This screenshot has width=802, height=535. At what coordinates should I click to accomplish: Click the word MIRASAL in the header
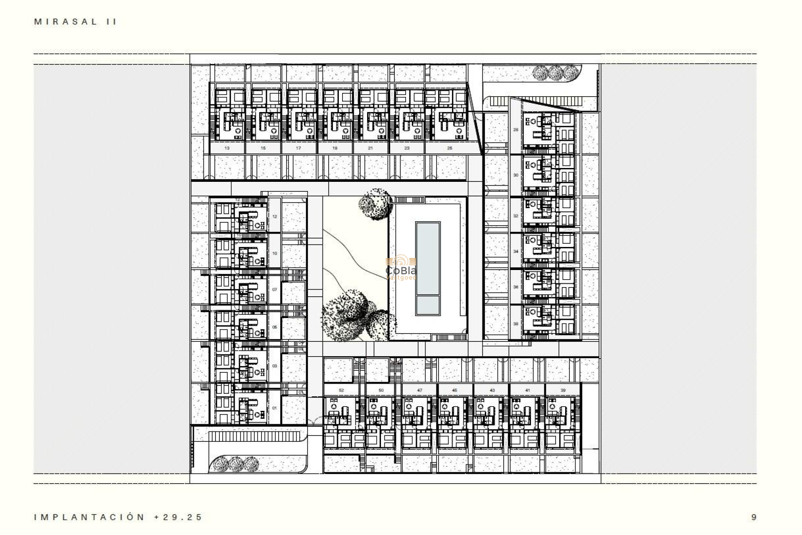pyautogui.click(x=66, y=22)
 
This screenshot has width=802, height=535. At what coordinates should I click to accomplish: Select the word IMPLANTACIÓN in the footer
pyautogui.click(x=89, y=517)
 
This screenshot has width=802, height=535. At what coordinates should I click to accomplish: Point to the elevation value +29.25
pyautogui.click(x=178, y=517)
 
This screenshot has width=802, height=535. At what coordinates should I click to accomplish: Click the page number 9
pyautogui.click(x=754, y=517)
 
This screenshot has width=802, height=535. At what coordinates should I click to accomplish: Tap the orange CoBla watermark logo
pyautogui.click(x=401, y=267)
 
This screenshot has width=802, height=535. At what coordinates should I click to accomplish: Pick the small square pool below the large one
pyautogui.click(x=428, y=306)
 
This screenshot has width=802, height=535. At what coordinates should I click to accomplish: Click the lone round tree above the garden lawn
pyautogui.click(x=375, y=203)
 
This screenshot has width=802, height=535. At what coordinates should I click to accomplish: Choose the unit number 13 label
pyautogui.click(x=227, y=148)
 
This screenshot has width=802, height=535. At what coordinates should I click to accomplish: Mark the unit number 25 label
pyautogui.click(x=449, y=148)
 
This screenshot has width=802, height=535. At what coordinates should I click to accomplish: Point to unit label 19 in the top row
pyautogui.click(x=335, y=148)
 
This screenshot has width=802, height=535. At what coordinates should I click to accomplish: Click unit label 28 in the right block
pyautogui.click(x=515, y=130)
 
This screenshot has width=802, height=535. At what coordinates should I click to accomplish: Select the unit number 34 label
pyautogui.click(x=515, y=252)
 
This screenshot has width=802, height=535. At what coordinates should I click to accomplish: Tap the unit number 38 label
pyautogui.click(x=515, y=324)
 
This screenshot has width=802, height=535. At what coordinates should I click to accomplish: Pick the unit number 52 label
pyautogui.click(x=341, y=390)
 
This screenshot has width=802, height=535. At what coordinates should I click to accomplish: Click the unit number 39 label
pyautogui.click(x=563, y=390)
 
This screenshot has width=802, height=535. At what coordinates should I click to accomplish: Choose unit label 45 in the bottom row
pyautogui.click(x=454, y=390)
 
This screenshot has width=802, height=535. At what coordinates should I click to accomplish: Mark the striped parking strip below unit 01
pyautogui.click(x=254, y=436)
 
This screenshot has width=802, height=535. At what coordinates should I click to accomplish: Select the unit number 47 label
pyautogui.click(x=419, y=390)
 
